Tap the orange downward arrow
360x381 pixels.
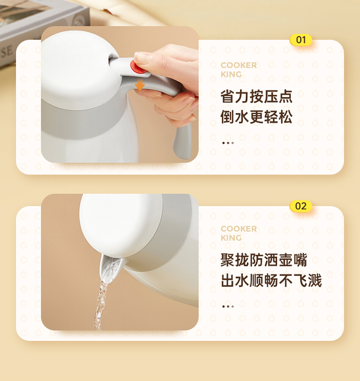click(140, 84)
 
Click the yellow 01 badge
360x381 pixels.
click(300, 40)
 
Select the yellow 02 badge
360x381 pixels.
click(300, 206)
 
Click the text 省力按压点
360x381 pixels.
click(256, 96)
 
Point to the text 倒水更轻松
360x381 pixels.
click(256, 117)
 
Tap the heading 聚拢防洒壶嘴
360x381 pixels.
click(264, 260)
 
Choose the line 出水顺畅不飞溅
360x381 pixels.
click(271, 280)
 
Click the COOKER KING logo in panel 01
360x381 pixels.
click(239, 70)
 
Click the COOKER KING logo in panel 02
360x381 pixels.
click(239, 233)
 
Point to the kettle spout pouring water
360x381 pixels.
click(110, 267)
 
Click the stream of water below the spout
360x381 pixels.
click(100, 305)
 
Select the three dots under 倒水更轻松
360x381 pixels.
click(228, 143)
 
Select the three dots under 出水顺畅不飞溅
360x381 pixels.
click(228, 307)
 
